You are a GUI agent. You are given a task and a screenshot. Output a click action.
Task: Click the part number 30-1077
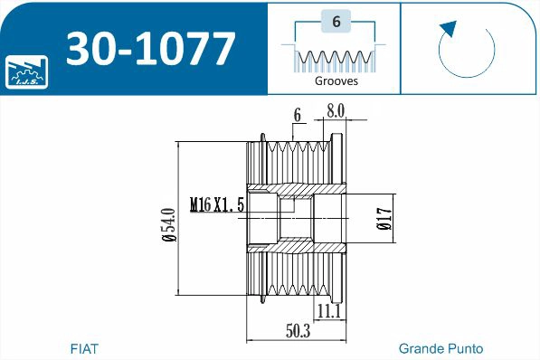150,49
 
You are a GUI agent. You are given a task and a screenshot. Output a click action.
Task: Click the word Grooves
336,81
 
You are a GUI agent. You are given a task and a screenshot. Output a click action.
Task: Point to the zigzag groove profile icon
336,60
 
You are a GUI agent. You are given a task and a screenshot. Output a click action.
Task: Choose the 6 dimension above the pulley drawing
297,114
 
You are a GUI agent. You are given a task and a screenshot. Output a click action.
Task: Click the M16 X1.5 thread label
217,205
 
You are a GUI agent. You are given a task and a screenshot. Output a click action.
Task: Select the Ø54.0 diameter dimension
168,218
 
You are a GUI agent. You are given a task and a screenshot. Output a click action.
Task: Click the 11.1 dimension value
329,311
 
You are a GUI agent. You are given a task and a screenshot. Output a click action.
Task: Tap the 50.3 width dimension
298,332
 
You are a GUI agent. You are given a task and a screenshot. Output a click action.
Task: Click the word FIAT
84,348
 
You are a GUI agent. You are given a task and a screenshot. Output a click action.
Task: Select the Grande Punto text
441,348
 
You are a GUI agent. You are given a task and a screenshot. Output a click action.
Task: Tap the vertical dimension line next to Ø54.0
180,218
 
